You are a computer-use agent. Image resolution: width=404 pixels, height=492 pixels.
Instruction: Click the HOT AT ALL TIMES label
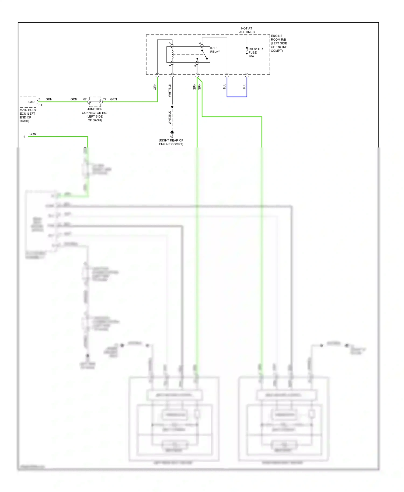(x=247, y=30)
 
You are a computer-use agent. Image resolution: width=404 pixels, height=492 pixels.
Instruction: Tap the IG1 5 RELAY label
(x=215, y=50)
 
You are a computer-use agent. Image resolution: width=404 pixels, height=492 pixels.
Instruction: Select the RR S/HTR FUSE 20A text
(x=255, y=52)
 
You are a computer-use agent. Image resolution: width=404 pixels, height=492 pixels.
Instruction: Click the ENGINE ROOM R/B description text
(x=279, y=43)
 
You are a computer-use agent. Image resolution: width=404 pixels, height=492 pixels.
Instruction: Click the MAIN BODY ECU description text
(x=28, y=115)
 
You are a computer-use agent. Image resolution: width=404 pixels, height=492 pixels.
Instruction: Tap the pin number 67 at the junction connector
(x=85, y=99)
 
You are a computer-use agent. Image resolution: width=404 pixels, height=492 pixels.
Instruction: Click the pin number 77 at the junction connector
(x=105, y=99)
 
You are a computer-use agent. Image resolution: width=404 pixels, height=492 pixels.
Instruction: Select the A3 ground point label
(x=172, y=137)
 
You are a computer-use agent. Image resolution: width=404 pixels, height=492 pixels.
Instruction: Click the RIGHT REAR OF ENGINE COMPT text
(x=171, y=142)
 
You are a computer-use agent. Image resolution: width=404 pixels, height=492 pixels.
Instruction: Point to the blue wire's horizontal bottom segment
(x=237, y=97)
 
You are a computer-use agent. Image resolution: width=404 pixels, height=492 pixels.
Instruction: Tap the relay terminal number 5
(x=200, y=43)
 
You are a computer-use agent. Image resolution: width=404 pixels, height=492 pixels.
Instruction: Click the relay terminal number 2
(x=170, y=43)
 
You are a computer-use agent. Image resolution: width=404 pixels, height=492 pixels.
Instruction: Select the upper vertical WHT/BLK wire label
(x=170, y=90)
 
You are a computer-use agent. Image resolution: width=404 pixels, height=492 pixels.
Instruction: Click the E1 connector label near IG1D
(x=40, y=105)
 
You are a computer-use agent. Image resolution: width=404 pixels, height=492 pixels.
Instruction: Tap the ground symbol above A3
(x=172, y=132)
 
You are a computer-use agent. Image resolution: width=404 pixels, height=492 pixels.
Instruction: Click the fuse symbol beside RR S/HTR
(x=247, y=51)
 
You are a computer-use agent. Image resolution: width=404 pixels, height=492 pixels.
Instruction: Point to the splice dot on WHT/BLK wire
(x=172, y=107)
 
